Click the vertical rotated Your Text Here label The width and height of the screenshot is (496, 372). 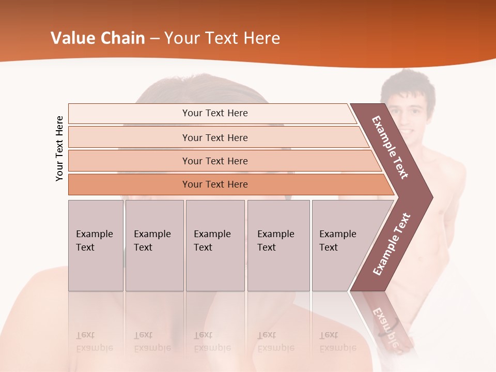[x=59, y=148]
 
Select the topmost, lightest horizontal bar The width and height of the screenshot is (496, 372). [x=214, y=113]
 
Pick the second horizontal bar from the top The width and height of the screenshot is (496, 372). [x=214, y=137]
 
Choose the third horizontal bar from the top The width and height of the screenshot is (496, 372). [x=214, y=161]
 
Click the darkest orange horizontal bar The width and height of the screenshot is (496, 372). [x=214, y=184]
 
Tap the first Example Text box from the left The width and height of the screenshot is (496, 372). [x=96, y=245]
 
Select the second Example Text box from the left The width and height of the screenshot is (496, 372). [x=154, y=245]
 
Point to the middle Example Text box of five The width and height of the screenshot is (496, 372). [x=215, y=245]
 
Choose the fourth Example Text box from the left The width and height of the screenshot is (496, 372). [x=278, y=245]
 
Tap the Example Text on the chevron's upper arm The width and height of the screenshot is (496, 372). [x=390, y=147]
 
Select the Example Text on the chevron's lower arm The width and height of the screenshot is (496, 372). [x=392, y=244]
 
